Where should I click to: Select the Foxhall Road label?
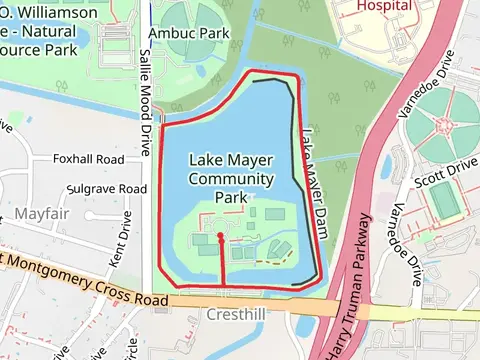[x=91, y=159]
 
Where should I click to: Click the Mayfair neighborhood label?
[x=43, y=214]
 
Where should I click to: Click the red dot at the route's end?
[x=221, y=237]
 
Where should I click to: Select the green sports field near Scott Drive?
[x=444, y=200]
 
